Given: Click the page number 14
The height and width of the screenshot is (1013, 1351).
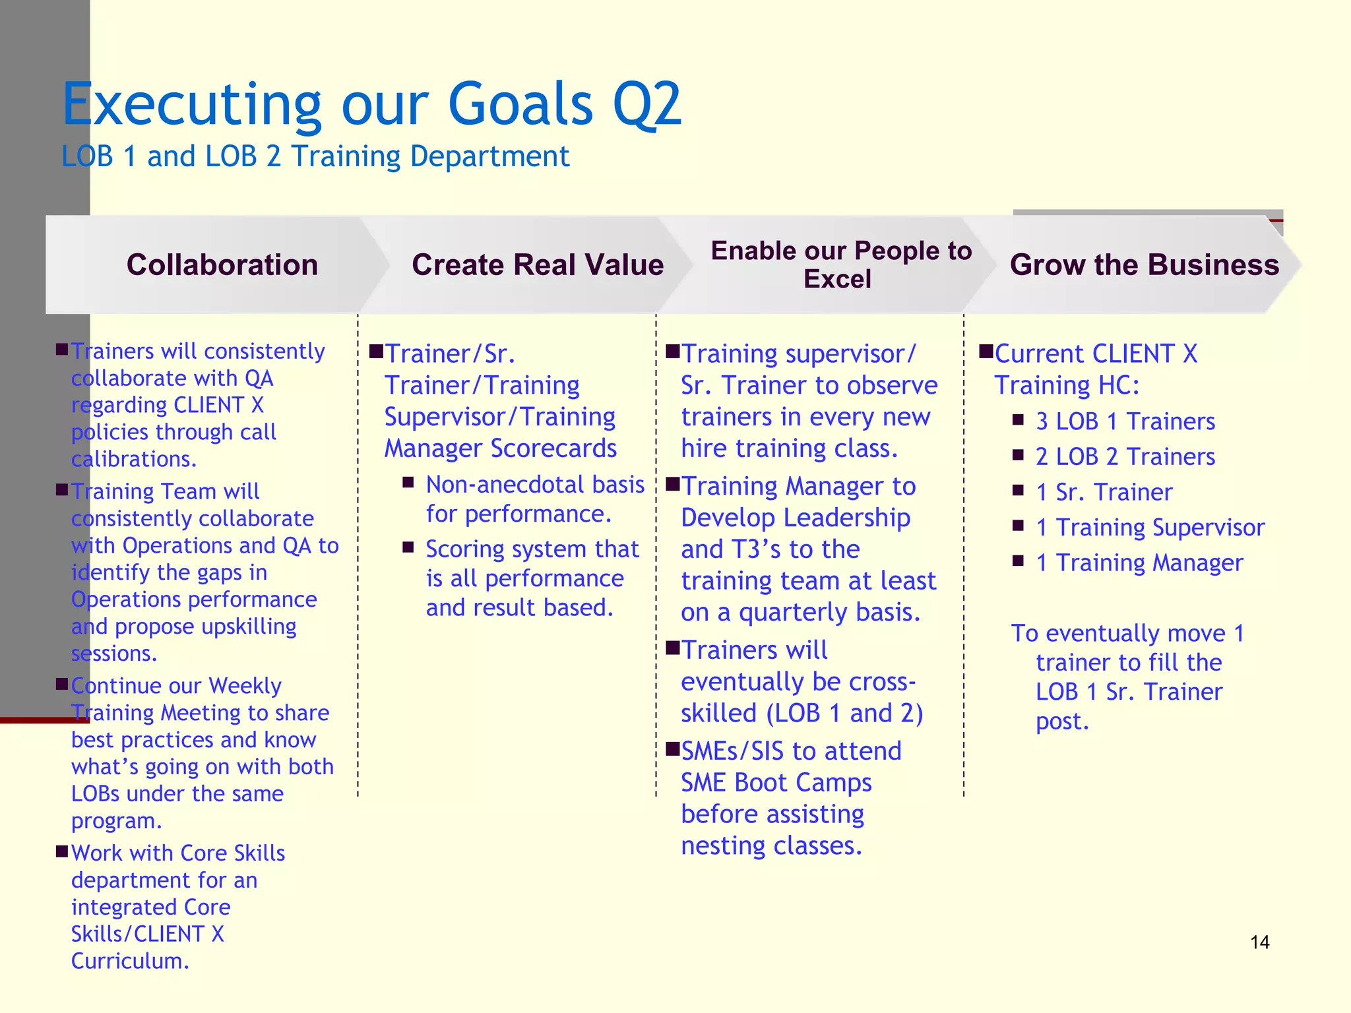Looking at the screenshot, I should pyautogui.click(x=1259, y=942).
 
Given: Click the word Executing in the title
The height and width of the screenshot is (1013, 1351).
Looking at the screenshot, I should pyautogui.click(x=192, y=105).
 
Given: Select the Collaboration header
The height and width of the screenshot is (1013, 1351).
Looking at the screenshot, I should pyautogui.click(x=222, y=264).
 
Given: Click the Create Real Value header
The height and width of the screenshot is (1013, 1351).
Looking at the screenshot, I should pyautogui.click(x=538, y=264).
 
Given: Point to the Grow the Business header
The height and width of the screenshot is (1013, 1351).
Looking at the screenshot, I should pyautogui.click(x=1144, y=264).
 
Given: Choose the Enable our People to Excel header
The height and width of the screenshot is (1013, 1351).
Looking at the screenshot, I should pyautogui.click(x=840, y=264).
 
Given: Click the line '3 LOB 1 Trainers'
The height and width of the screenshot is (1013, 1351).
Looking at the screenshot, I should pyautogui.click(x=1125, y=421).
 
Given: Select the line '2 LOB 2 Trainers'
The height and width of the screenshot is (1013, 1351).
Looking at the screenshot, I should pyautogui.click(x=1125, y=456).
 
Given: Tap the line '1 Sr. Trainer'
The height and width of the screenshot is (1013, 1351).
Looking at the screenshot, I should pyautogui.click(x=1104, y=492).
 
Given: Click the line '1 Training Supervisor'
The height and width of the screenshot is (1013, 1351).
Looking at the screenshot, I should pyautogui.click(x=1150, y=528).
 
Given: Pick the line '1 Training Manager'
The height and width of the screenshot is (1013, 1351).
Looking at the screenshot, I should pyautogui.click(x=1139, y=563).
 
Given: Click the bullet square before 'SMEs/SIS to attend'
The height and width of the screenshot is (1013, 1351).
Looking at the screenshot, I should pyautogui.click(x=672, y=748).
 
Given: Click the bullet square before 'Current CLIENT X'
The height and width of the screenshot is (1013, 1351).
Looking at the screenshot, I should pyautogui.click(x=986, y=350).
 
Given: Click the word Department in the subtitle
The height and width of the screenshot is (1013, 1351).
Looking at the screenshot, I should pyautogui.click(x=489, y=157).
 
